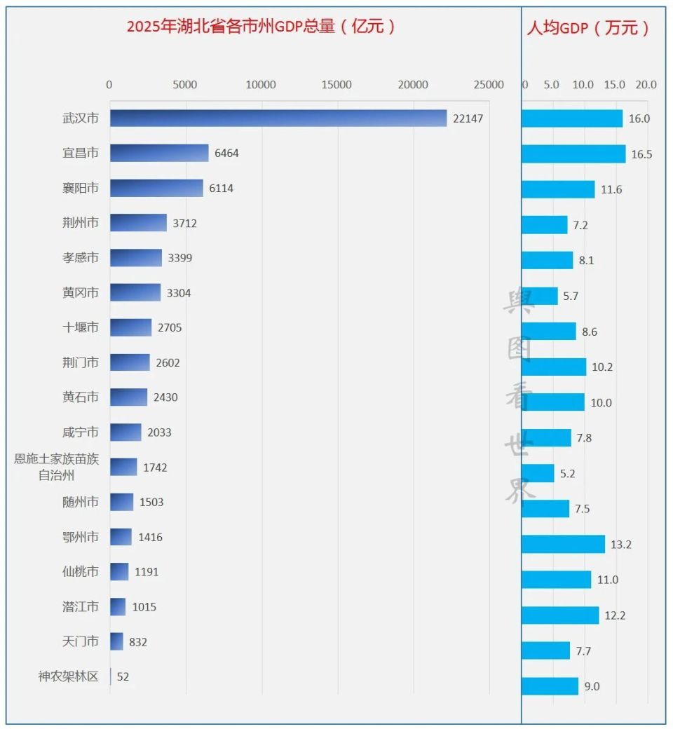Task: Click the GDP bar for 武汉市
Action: click(278, 118)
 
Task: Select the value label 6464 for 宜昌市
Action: click(226, 153)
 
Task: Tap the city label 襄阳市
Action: click(81, 188)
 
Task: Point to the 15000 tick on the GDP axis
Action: click(336, 85)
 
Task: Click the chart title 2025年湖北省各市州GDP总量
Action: click(261, 27)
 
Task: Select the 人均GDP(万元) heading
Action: click(587, 28)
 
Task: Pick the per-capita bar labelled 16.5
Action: click(573, 154)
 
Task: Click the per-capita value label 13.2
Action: click(620, 545)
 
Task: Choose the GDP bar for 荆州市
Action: click(138, 223)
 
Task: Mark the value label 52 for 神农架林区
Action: click(123, 677)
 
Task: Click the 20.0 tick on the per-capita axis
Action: click(646, 85)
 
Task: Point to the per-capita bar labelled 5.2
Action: click(538, 473)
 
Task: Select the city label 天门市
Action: click(81, 641)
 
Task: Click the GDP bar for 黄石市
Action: click(128, 397)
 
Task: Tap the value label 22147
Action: click(468, 118)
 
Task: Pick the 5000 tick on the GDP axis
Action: click(185, 85)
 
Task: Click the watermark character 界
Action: click(519, 492)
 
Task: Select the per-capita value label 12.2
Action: click(615, 616)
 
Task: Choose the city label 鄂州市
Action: click(81, 537)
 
